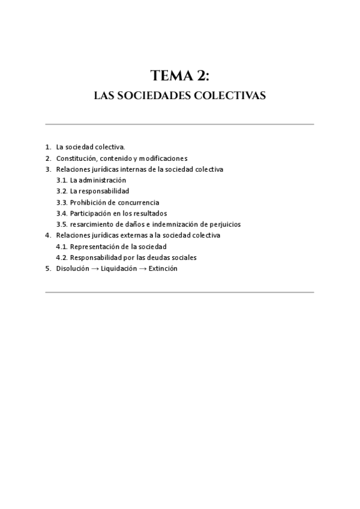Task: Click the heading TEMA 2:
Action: (x=180, y=75)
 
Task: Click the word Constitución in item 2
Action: (x=76, y=158)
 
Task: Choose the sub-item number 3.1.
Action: (x=61, y=180)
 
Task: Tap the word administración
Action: (x=103, y=180)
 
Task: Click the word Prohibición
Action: (x=88, y=202)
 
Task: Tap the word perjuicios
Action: (x=223, y=224)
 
